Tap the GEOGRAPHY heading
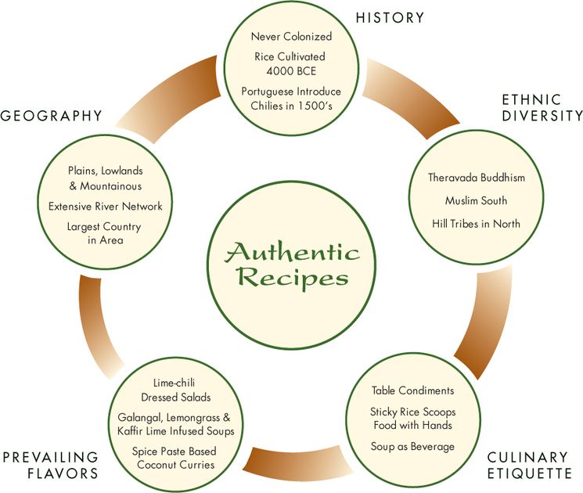click(52, 116)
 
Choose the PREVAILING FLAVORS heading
click(49, 465)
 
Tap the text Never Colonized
click(291, 37)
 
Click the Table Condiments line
click(412, 390)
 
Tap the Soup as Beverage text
click(412, 446)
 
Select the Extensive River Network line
click(105, 207)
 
